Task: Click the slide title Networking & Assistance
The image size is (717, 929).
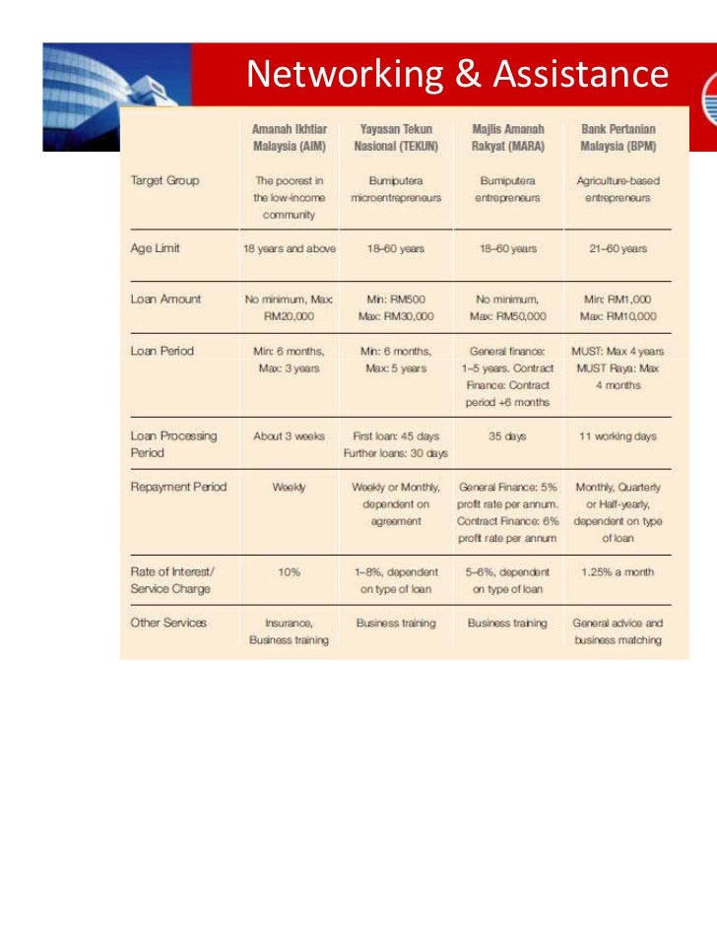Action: coord(457,74)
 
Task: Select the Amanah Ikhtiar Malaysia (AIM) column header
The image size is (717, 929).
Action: coord(289,137)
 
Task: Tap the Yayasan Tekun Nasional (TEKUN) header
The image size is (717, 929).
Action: coord(396,137)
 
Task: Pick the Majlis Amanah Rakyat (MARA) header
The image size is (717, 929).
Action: coord(508,137)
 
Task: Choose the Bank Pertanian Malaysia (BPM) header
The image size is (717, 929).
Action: coord(619,137)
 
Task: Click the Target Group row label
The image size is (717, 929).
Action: coord(164,181)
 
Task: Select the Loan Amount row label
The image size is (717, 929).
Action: coord(166,298)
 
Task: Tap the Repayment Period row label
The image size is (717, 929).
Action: coord(178,487)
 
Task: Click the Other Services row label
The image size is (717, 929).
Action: coord(168,623)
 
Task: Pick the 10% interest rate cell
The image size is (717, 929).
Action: coord(289,572)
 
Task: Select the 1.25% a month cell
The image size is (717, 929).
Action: coord(619,572)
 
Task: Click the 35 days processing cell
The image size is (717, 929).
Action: coord(508,435)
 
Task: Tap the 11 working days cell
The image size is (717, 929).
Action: coord(619,435)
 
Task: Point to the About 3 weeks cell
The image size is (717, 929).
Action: coord(289,435)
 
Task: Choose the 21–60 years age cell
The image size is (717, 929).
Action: coord(619,248)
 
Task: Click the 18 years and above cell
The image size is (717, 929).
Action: coord(289,248)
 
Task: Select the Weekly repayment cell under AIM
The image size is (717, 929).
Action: coord(289,487)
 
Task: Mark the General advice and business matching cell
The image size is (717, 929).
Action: coord(619,631)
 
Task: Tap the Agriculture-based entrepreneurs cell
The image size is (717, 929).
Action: coord(619,189)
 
